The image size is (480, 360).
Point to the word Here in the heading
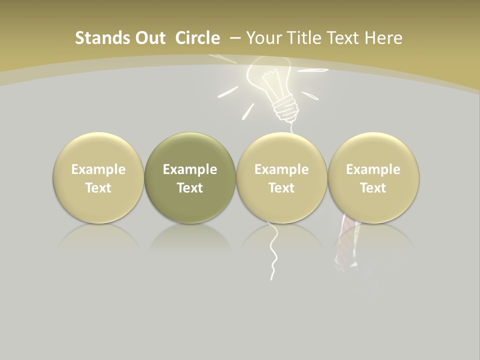pyautogui.click(x=383, y=38)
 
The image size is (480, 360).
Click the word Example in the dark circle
pyautogui.click(x=190, y=169)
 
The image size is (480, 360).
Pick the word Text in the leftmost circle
pyautogui.click(x=98, y=188)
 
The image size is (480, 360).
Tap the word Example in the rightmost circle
pyautogui.click(x=373, y=169)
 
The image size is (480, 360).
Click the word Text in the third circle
pyautogui.click(x=281, y=188)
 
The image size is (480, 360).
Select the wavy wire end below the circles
pyautogui.click(x=273, y=255)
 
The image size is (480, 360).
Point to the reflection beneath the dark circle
pyautogui.click(x=190, y=237)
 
